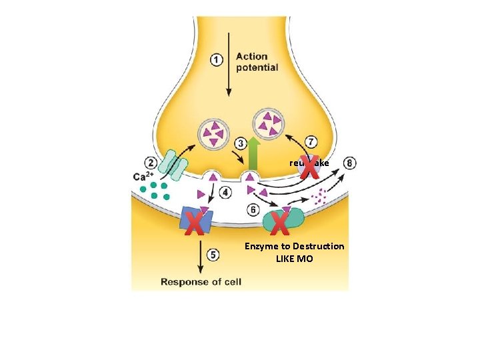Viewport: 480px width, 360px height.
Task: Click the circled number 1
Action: pos(217,60)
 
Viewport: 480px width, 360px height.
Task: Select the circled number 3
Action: pos(241,143)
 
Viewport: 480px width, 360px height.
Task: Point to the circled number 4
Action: pos(226,193)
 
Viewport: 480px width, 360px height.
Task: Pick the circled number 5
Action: pos(213,255)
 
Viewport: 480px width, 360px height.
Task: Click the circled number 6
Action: pos(253,210)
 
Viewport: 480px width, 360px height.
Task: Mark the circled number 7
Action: pos(311,142)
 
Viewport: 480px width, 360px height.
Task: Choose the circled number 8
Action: pos(350,163)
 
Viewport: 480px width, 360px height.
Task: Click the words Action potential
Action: pos(257,62)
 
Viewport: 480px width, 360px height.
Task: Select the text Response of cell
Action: pos(201,281)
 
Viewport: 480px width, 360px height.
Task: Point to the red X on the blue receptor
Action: pos(194,224)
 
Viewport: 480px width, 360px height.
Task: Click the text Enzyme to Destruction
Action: pos(294,246)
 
